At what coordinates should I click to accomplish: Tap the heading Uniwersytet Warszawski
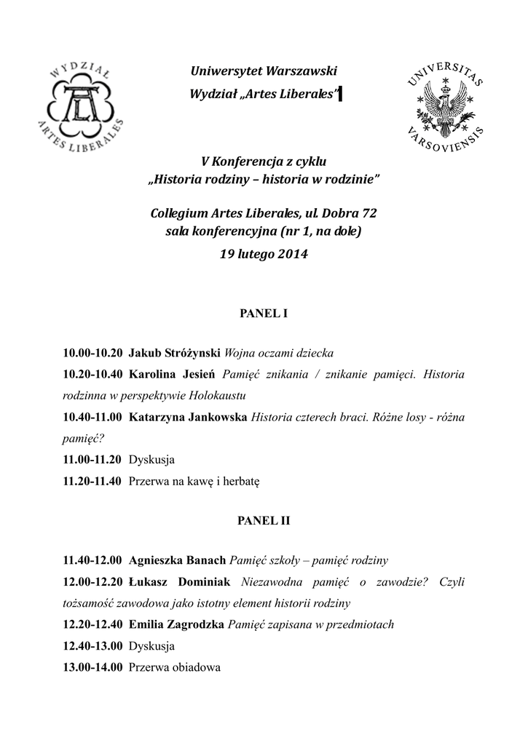click(264, 71)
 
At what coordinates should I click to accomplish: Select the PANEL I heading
click(264, 314)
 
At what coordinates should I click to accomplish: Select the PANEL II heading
click(264, 521)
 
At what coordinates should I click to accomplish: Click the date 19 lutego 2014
click(264, 255)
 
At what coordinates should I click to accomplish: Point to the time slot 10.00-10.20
click(93, 354)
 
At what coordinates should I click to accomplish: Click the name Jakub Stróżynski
click(175, 354)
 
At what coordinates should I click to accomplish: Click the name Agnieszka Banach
click(178, 561)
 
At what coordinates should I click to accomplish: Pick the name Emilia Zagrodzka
click(176, 624)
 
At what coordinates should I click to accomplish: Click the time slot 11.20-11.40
click(93, 481)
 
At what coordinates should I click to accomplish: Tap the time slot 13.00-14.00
click(93, 666)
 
